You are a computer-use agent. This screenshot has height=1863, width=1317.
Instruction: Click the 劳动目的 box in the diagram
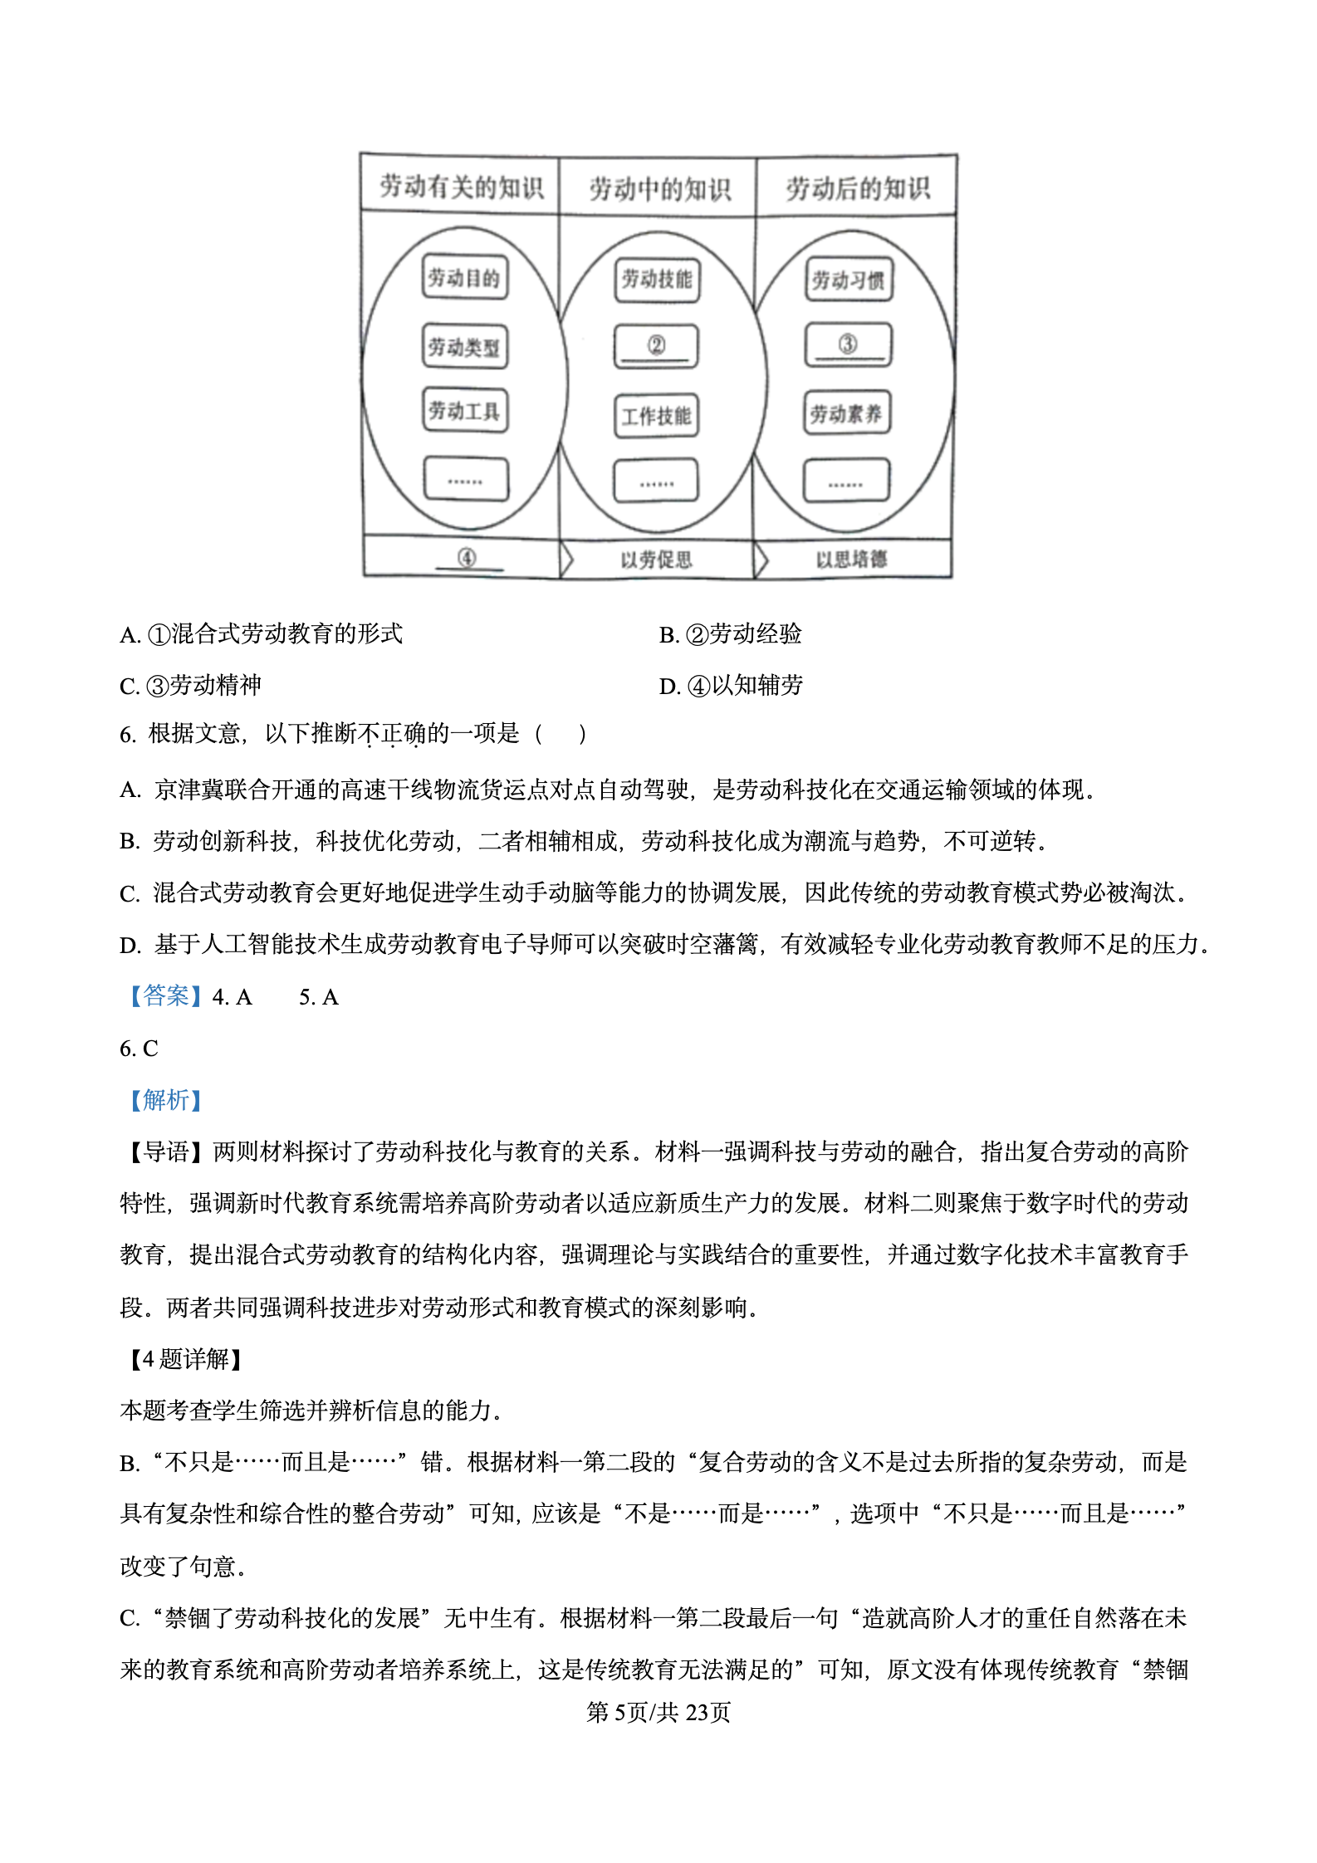[464, 277]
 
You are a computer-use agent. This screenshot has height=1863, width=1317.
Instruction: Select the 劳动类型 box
[464, 346]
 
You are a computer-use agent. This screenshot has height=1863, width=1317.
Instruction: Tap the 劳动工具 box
[464, 410]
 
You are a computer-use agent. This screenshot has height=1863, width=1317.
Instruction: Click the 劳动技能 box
[657, 279]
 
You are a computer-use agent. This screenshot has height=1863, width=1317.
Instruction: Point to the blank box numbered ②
[656, 345]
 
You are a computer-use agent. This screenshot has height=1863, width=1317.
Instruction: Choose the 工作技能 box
[656, 415]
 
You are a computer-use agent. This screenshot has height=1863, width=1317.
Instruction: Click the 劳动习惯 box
[848, 280]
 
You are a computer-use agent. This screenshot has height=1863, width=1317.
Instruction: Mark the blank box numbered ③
[848, 345]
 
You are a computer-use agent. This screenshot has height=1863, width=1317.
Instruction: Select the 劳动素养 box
[846, 413]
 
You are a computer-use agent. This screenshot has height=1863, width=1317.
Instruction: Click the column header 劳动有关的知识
[461, 187]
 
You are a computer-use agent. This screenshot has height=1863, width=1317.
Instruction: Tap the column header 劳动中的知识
[659, 188]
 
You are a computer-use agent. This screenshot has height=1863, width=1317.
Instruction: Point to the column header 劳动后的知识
[857, 188]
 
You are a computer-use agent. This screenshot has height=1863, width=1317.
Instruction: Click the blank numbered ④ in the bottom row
[468, 558]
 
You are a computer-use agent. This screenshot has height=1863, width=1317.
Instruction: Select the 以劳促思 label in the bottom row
[656, 560]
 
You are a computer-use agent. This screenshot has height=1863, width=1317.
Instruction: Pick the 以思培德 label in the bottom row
[851, 559]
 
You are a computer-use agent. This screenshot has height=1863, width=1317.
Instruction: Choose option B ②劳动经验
[731, 634]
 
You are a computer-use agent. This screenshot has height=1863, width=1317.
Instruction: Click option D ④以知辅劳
[732, 686]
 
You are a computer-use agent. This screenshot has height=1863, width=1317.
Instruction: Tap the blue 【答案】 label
[165, 996]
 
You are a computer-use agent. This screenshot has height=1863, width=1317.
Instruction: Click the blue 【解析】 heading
[165, 1100]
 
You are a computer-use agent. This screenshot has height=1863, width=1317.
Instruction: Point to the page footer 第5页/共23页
[658, 1712]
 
